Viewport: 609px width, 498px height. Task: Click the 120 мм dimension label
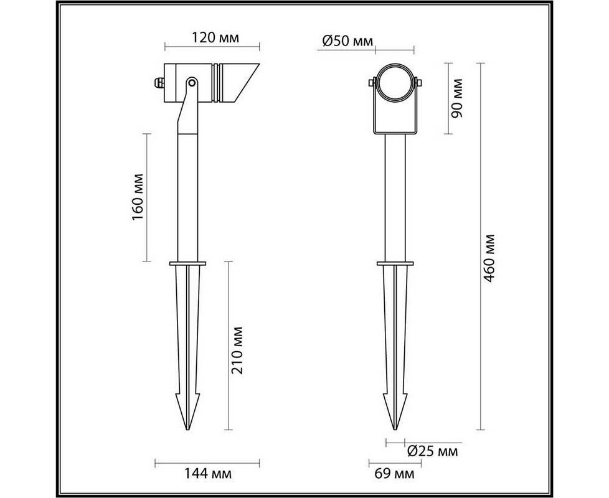click(215, 37)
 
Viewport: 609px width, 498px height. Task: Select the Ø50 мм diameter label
click(347, 40)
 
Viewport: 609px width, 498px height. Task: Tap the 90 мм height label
click(457, 98)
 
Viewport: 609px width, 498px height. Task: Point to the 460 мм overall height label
click(489, 258)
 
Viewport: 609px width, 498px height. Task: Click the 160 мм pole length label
click(138, 197)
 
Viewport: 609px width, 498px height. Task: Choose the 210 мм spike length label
click(237, 350)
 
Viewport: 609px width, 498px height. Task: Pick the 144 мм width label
click(208, 474)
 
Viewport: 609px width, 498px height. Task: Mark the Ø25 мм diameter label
click(433, 451)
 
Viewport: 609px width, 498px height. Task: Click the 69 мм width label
click(394, 474)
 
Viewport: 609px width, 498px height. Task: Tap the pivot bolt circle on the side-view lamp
click(191, 82)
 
